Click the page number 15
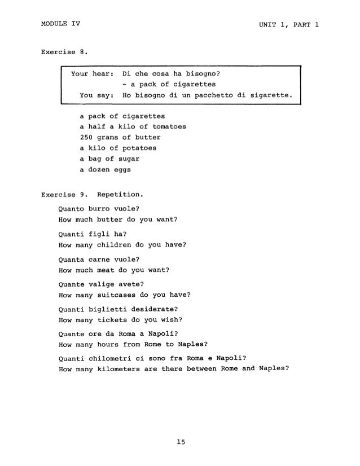[180, 443]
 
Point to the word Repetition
[121, 196]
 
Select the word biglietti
[115, 309]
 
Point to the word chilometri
[117, 357]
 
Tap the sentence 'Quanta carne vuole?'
[99, 260]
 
